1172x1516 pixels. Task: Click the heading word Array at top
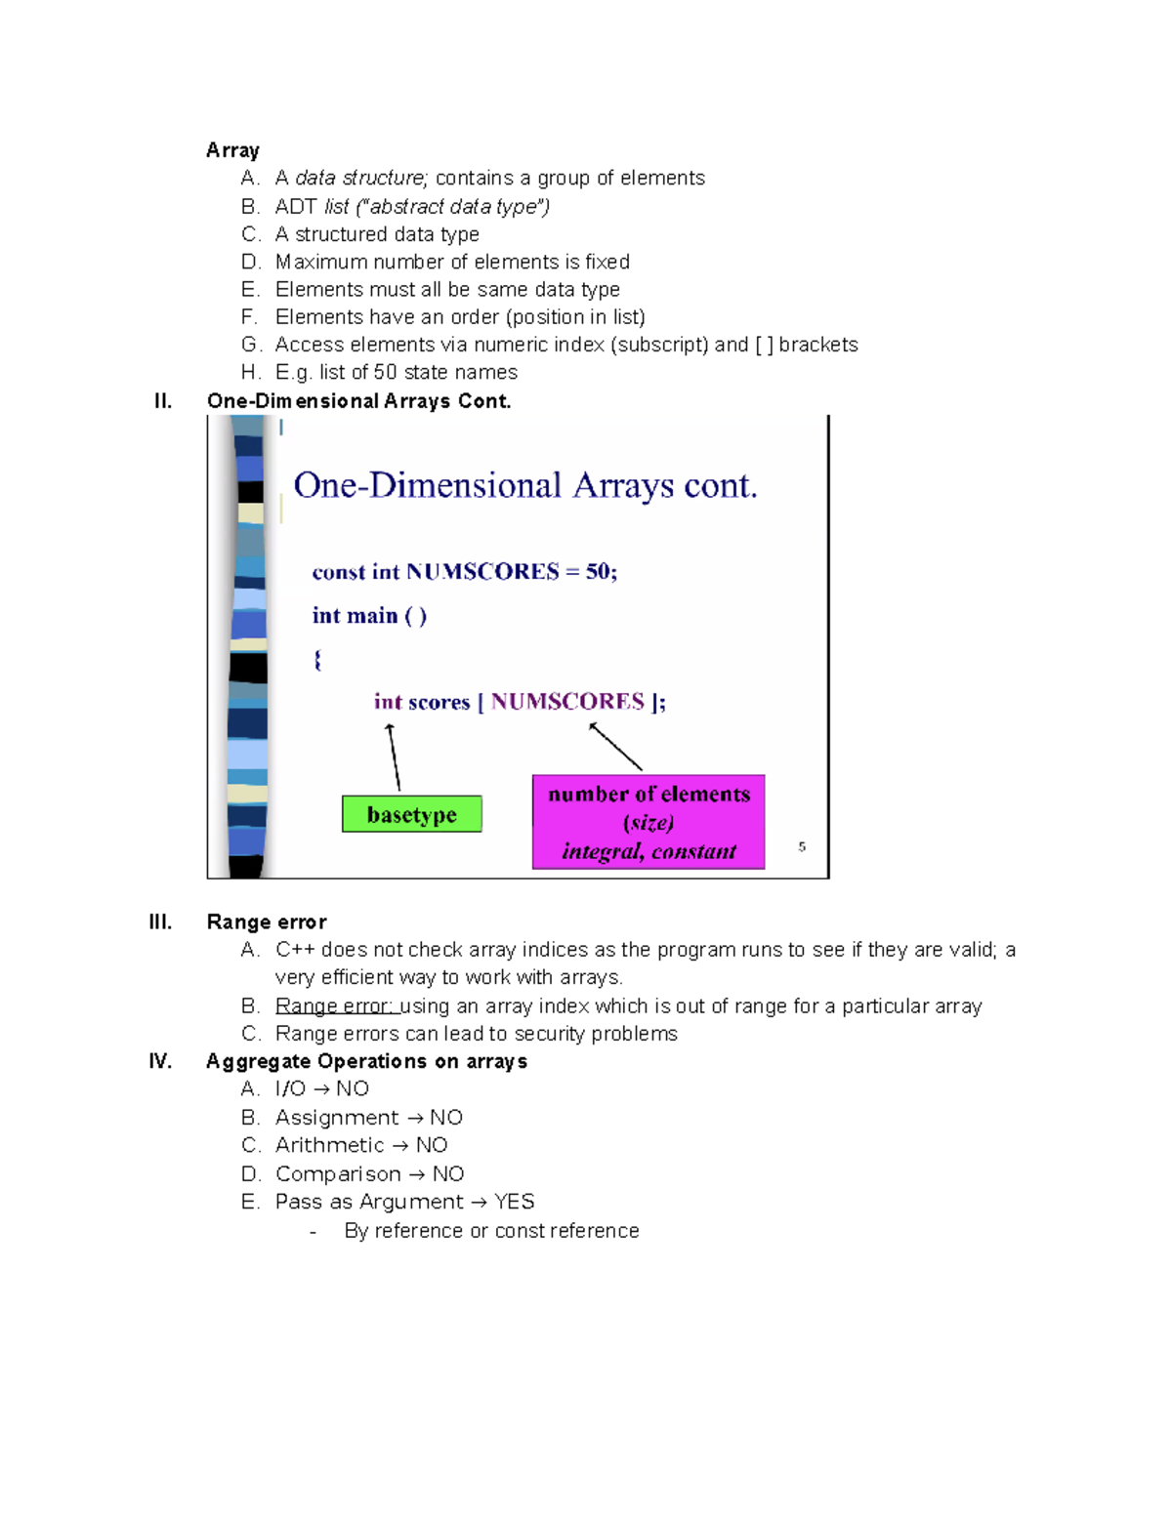pyautogui.click(x=232, y=150)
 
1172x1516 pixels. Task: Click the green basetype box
pyautogui.click(x=411, y=814)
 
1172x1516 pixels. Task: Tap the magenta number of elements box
pyautogui.click(x=649, y=822)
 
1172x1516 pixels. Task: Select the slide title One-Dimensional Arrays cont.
pyautogui.click(x=525, y=485)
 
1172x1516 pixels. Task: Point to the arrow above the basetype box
pyautogui.click(x=394, y=757)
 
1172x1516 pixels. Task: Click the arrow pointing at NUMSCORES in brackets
pyautogui.click(x=616, y=747)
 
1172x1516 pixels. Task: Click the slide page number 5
pyautogui.click(x=802, y=846)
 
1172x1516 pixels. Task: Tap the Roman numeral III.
pyautogui.click(x=160, y=922)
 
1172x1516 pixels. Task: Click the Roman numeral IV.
pyautogui.click(x=160, y=1061)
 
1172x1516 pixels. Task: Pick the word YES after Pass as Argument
pyautogui.click(x=514, y=1202)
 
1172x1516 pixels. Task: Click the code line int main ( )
pyautogui.click(x=369, y=616)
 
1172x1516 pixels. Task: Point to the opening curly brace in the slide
pyautogui.click(x=317, y=660)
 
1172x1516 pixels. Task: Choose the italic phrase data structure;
pyautogui.click(x=361, y=178)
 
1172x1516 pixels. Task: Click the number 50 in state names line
pyautogui.click(x=385, y=372)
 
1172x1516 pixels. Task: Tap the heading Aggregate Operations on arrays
pyautogui.click(x=366, y=1061)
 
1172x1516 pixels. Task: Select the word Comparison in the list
pyautogui.click(x=338, y=1173)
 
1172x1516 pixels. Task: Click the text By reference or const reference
pyautogui.click(x=491, y=1231)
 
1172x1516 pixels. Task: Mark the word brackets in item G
pyautogui.click(x=818, y=345)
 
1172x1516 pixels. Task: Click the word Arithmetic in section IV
pyautogui.click(x=330, y=1145)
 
